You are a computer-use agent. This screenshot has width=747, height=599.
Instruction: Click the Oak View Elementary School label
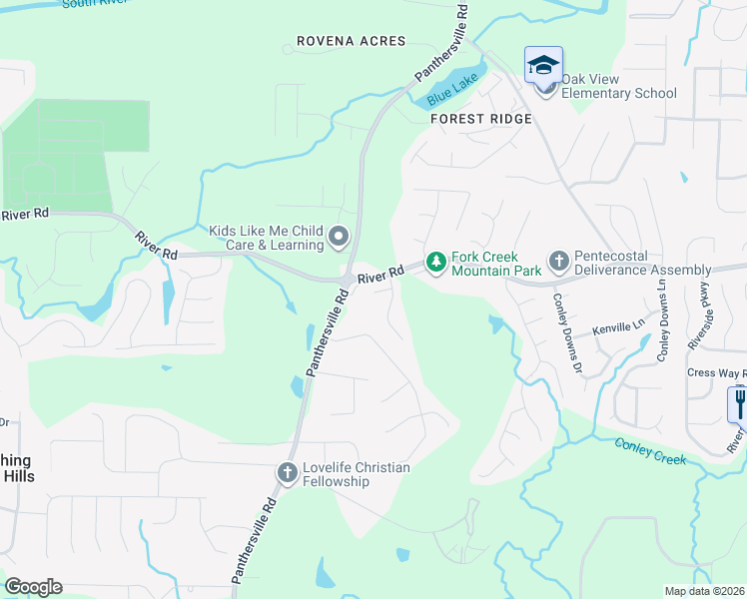(x=619, y=87)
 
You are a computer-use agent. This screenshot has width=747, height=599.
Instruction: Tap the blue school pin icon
(x=543, y=66)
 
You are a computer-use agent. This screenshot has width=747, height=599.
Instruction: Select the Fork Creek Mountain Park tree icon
(x=435, y=263)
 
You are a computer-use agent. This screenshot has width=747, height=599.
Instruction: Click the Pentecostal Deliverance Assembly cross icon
(x=558, y=263)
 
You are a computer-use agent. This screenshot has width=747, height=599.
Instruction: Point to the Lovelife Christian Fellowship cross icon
(x=288, y=473)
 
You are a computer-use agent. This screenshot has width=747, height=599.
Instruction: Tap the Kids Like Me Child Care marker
(x=339, y=238)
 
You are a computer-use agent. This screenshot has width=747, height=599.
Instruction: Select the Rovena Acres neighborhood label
(x=352, y=41)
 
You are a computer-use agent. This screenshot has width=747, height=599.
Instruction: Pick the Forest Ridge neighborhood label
(x=481, y=119)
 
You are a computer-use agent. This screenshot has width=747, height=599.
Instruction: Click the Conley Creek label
(x=650, y=451)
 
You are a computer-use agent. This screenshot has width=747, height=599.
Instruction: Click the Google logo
(x=33, y=587)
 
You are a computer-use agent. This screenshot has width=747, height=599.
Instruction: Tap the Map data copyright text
(x=706, y=591)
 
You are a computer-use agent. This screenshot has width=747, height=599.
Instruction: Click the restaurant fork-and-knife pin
(x=739, y=404)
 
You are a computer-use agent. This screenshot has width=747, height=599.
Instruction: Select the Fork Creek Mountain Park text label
(x=496, y=264)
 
